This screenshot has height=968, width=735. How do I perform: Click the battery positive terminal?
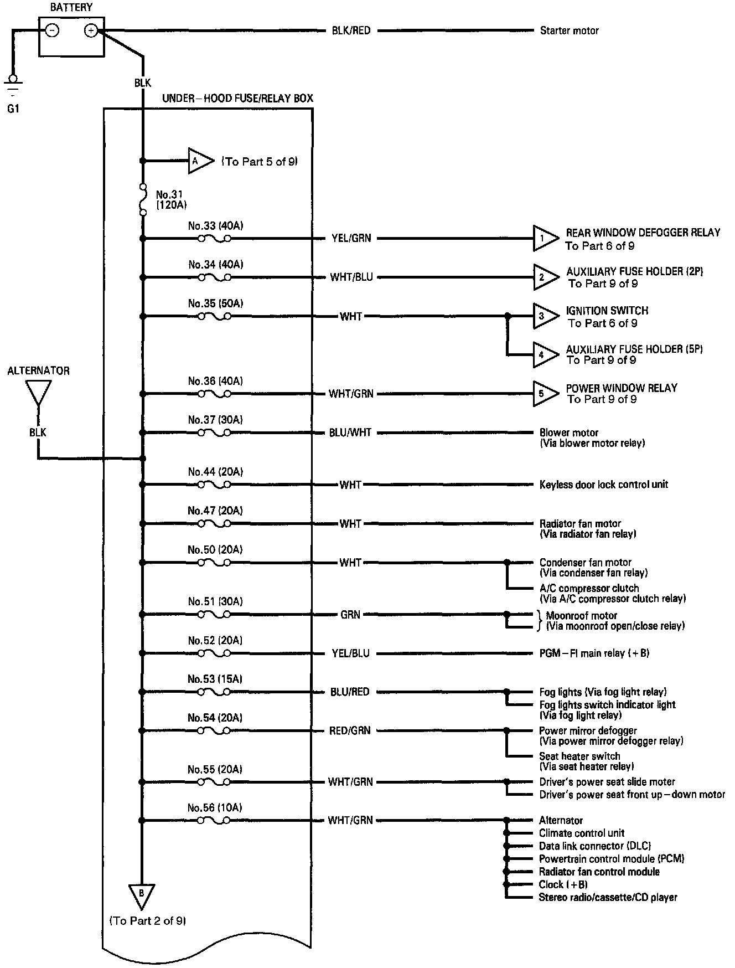(91, 31)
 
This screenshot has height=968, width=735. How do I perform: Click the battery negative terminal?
(52, 31)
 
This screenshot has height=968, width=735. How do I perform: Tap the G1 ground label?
(13, 109)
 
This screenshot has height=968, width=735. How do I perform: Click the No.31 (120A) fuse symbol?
(143, 199)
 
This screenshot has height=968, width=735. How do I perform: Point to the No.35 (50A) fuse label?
(215, 303)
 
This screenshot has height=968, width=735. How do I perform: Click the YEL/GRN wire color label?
(350, 239)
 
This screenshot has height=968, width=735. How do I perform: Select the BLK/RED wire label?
(351, 31)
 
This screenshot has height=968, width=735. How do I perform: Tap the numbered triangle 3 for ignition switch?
(544, 316)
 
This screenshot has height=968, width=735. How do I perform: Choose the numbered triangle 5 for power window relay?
(544, 394)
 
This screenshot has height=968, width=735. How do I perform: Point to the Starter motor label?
(569, 31)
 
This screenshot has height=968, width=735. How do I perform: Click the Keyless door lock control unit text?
(603, 485)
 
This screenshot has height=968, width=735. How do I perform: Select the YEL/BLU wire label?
(350, 653)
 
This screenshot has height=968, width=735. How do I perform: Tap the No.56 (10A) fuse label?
(215, 808)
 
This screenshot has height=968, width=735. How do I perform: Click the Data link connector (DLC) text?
(594, 846)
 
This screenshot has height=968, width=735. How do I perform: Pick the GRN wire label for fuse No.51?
(350, 615)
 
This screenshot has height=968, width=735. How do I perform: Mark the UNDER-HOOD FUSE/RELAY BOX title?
(237, 99)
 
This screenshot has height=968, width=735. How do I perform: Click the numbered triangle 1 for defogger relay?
(544, 239)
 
